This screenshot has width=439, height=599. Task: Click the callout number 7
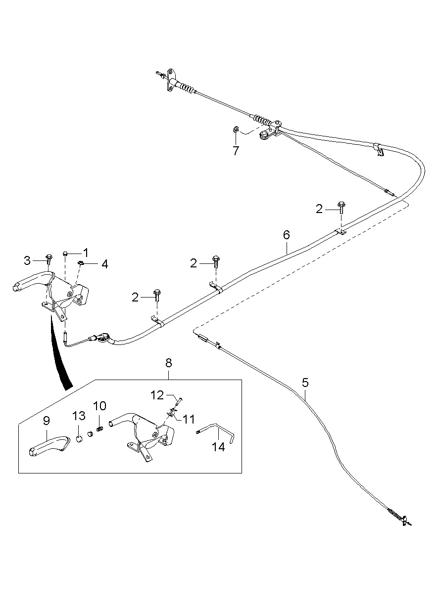click(236, 151)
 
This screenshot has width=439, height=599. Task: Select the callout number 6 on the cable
click(287, 235)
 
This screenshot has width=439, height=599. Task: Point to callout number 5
click(305, 383)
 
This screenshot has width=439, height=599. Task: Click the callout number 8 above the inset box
click(169, 363)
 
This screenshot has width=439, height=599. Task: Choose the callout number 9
click(47, 421)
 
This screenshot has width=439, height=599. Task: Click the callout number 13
click(79, 416)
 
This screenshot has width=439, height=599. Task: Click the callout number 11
click(189, 419)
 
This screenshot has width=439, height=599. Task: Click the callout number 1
click(86, 253)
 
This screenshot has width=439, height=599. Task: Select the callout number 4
click(105, 264)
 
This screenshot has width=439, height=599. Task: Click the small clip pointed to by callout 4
click(81, 263)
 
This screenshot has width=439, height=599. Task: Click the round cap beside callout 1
click(65, 253)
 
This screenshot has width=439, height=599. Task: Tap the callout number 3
click(27, 260)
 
